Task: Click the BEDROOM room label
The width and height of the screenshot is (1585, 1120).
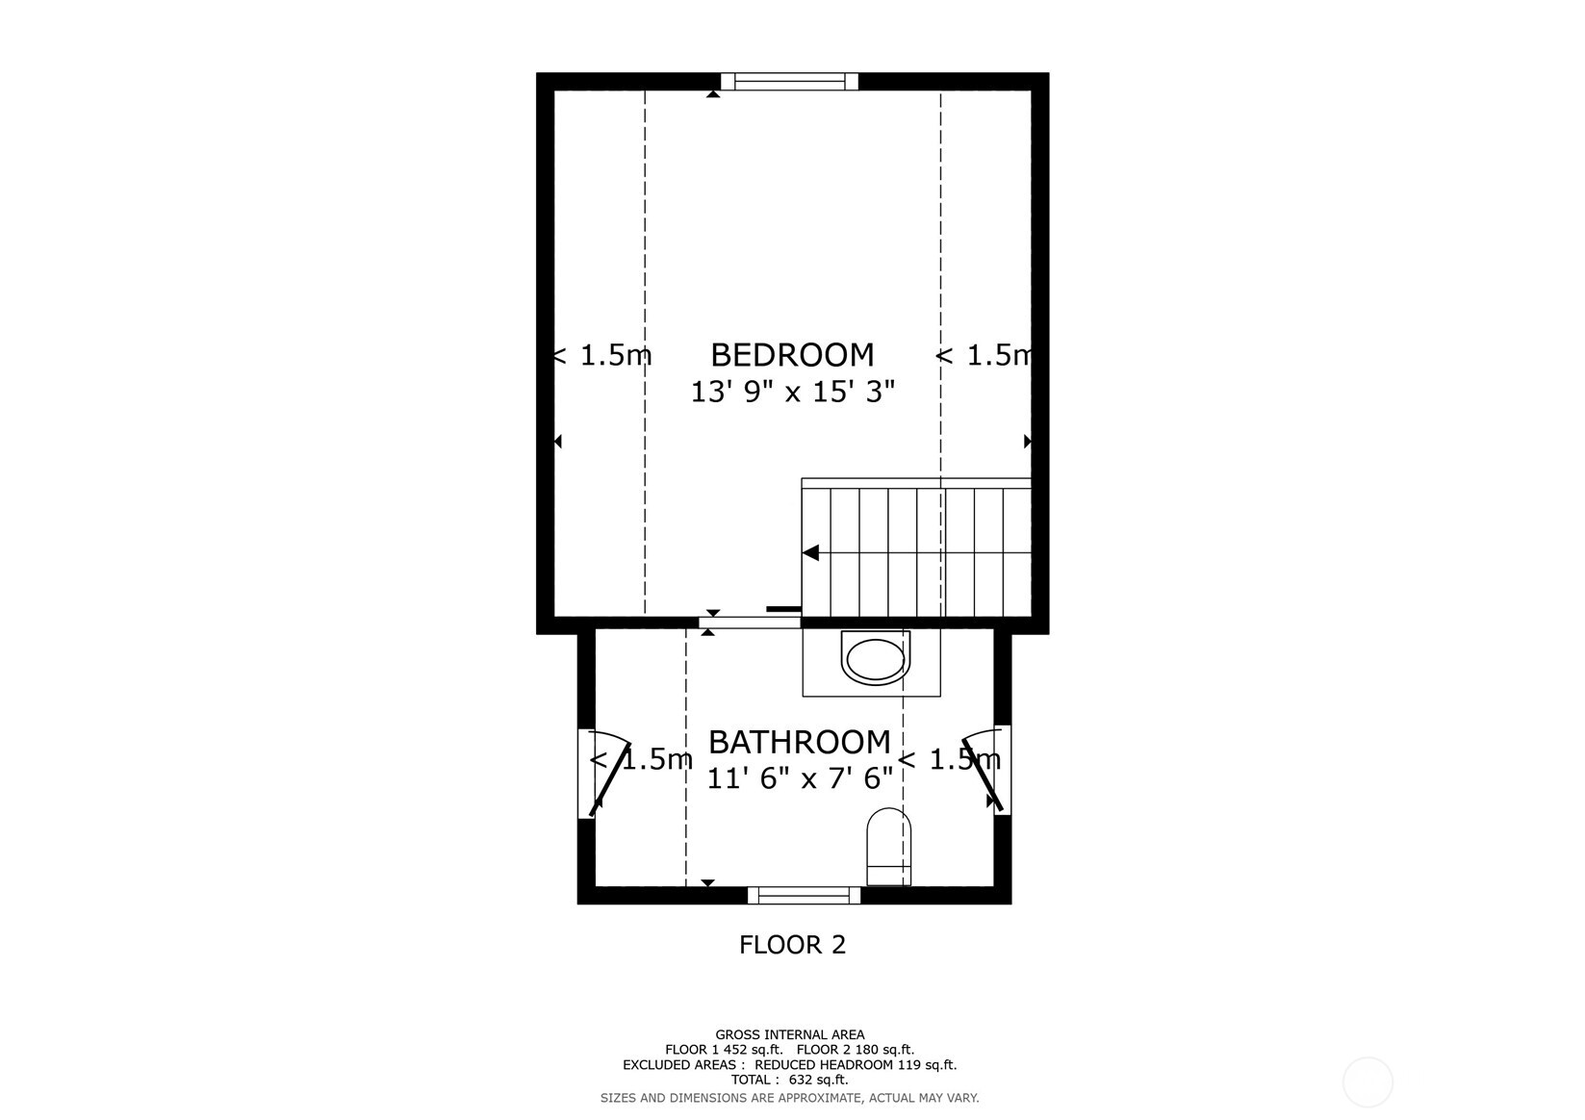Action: (x=792, y=355)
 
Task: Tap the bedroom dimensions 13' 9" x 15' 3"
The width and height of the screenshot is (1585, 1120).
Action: (x=792, y=392)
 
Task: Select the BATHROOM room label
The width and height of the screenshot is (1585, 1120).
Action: (x=799, y=742)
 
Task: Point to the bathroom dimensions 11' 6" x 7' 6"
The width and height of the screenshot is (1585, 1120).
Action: (x=799, y=777)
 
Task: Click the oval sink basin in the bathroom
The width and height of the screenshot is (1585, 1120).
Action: (x=875, y=659)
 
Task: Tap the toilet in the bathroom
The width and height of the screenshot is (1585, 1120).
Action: (x=888, y=846)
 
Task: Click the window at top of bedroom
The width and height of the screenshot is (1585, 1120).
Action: (x=789, y=82)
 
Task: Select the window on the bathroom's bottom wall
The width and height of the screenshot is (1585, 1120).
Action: (x=804, y=895)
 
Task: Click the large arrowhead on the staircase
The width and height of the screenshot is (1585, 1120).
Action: (x=811, y=553)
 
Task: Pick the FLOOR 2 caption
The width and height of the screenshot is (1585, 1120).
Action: (x=792, y=945)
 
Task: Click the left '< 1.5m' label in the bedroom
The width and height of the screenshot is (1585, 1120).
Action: (x=602, y=356)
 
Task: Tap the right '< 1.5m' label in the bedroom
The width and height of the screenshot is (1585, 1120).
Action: (x=984, y=356)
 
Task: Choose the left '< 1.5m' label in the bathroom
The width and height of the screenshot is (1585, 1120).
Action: (x=641, y=760)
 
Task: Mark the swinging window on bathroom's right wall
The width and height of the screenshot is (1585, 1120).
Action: (x=1001, y=770)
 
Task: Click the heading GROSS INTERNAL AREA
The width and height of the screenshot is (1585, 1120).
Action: (x=789, y=1035)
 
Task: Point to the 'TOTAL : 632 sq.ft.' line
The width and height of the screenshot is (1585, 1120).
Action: (x=789, y=1081)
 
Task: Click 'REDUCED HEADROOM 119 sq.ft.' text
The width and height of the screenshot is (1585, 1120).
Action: (x=856, y=1065)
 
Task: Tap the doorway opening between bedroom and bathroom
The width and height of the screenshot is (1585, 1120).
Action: (x=750, y=623)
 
